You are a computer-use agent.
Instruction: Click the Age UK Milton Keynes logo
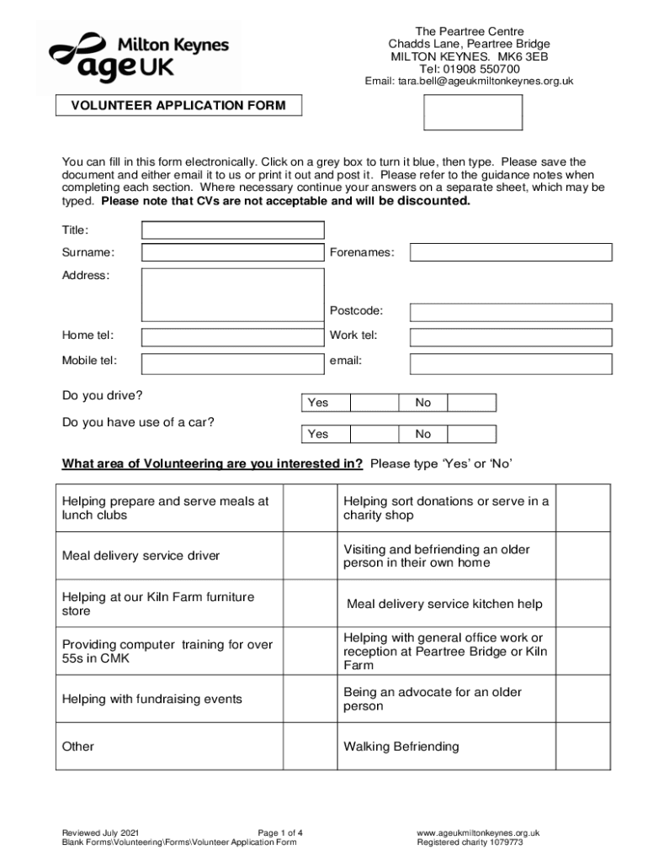tap(138, 55)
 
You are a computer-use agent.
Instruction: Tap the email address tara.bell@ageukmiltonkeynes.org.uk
tap(469, 82)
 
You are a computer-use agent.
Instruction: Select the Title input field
tap(232, 230)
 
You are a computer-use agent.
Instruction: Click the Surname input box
tap(232, 252)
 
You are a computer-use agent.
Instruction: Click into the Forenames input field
tap(511, 252)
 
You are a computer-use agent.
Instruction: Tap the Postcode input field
tap(511, 312)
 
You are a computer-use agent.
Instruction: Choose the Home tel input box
tap(232, 336)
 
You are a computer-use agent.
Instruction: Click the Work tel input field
tap(511, 336)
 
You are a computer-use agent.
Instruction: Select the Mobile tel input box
tap(232, 362)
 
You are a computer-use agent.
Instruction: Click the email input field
tap(511, 362)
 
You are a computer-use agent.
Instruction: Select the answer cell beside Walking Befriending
tap(582, 747)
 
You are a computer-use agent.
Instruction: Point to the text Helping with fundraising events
tap(151, 699)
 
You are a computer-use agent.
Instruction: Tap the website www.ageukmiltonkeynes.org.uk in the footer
tap(478, 833)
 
